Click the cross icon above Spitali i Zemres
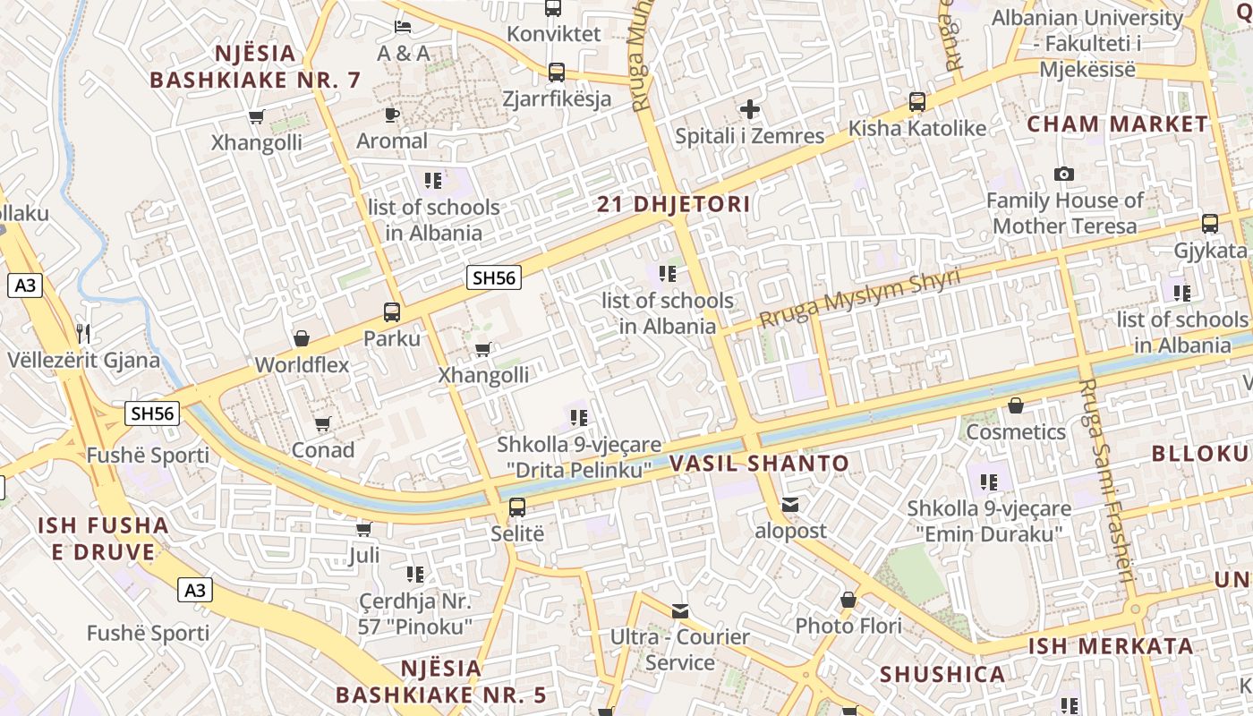(750, 110)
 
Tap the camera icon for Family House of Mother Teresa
(1063, 174)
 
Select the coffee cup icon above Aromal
(391, 115)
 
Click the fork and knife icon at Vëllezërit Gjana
(83, 334)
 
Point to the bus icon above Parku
(392, 312)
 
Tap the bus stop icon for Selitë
(517, 507)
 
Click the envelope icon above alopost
(790, 505)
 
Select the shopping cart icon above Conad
(323, 423)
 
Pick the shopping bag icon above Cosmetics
(1015, 406)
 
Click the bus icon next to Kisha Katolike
(917, 102)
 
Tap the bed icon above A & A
(403, 26)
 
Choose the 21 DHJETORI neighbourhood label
(674, 204)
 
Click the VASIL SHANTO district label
(759, 464)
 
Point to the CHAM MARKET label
(1117, 124)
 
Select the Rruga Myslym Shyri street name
(858, 298)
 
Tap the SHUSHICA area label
(942, 674)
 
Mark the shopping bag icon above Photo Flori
(848, 600)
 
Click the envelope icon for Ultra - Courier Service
(680, 611)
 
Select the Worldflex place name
(302, 365)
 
